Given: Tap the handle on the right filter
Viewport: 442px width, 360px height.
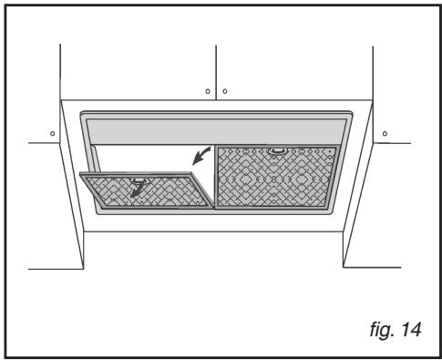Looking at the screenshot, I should [277, 152].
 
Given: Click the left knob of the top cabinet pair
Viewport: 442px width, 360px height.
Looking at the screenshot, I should [207, 92].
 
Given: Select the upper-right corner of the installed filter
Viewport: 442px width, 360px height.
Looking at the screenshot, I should [337, 148].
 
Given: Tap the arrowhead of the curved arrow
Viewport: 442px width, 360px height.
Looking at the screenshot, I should [192, 163].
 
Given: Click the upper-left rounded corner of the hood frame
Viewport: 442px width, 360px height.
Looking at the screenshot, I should [85, 116].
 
